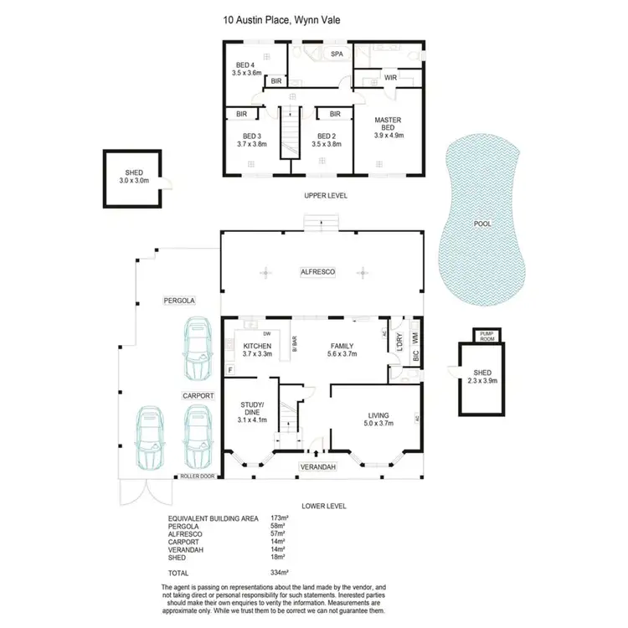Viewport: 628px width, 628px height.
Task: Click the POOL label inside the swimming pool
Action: tap(482, 224)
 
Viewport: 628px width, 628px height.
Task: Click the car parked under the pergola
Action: tap(197, 349)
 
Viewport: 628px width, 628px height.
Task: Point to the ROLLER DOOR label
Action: tap(198, 476)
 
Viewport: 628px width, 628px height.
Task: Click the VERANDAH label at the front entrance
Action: tap(318, 468)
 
